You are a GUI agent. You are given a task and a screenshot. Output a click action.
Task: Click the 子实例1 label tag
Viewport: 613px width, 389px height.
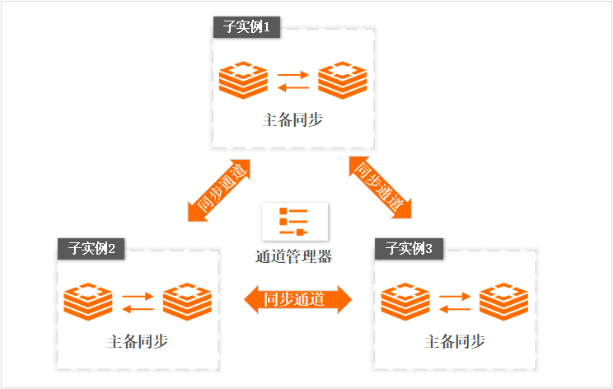[246, 27]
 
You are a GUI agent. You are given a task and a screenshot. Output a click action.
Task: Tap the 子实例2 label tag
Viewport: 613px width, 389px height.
[91, 248]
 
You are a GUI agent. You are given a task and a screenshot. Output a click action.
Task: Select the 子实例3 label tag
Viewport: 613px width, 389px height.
[409, 248]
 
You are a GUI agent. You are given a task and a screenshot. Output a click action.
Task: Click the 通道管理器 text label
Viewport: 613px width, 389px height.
[293, 255]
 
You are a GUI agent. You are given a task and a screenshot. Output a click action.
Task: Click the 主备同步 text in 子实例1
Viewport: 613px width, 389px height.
[292, 120]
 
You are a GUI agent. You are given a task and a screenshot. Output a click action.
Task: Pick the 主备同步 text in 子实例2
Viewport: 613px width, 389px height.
[138, 340]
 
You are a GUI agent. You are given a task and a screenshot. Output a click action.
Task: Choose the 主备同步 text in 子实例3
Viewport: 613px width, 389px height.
[454, 340]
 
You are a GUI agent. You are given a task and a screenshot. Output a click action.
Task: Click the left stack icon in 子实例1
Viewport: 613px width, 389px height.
[244, 81]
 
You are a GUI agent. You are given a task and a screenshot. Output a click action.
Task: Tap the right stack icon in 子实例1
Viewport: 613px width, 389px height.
[342, 81]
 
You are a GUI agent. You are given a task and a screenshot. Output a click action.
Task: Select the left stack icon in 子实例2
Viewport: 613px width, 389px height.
[88, 302]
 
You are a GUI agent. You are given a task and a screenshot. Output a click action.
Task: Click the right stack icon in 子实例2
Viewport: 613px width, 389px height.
[187, 302]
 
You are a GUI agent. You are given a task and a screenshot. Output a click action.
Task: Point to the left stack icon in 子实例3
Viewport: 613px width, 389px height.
[405, 302]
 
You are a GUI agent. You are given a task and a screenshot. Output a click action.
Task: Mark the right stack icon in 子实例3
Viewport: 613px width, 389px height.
[503, 302]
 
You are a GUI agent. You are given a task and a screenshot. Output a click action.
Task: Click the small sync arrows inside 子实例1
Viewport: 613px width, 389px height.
[293, 81]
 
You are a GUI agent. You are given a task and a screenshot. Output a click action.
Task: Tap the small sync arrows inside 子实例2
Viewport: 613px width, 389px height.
[138, 302]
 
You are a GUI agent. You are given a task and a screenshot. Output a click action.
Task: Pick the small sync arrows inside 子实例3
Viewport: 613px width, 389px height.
[455, 302]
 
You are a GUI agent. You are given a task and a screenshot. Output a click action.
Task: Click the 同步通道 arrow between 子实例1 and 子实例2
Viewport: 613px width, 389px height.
[218, 189]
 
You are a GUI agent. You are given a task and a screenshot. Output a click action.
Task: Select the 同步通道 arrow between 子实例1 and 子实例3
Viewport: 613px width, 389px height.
[380, 186]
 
